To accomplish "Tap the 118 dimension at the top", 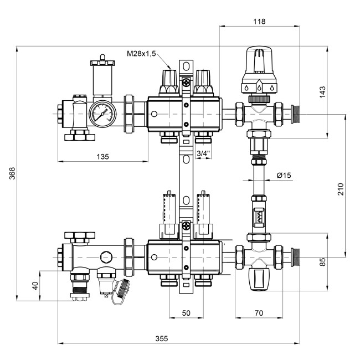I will pos(259,22).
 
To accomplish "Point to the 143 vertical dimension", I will pos(323,91).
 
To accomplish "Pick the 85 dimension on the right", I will pos(323,261).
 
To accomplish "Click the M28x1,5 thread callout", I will pos(141,54).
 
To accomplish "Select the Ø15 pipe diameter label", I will pos(284,176).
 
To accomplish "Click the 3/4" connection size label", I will pos(203,153).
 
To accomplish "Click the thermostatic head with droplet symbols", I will pos(259,72).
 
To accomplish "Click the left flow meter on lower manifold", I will pos(168,213).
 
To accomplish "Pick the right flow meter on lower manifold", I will pos(204,213).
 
